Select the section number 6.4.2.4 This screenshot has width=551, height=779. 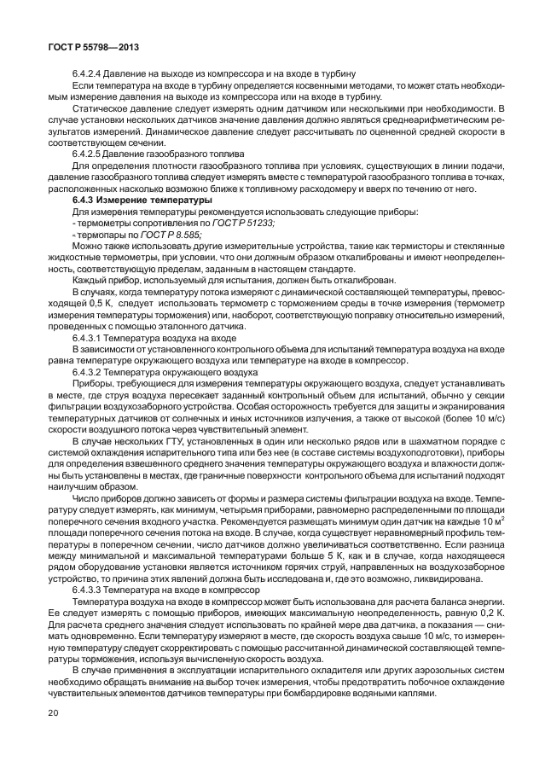[x=91, y=73]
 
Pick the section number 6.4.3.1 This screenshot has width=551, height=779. [x=91, y=338]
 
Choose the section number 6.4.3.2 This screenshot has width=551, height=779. [x=91, y=372]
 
